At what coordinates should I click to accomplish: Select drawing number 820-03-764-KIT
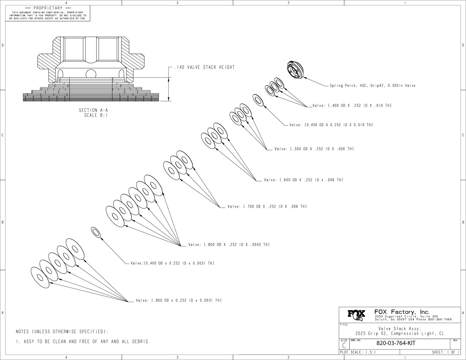(x=396, y=343)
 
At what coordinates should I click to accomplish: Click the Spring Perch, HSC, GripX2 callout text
(x=372, y=86)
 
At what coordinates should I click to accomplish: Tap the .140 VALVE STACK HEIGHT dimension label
(x=204, y=67)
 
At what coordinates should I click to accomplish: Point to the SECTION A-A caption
(x=91, y=110)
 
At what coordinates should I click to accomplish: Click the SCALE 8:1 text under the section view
(x=96, y=115)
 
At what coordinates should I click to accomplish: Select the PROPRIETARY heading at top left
(x=48, y=8)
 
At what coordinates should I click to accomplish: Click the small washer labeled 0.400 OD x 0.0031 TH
(x=96, y=232)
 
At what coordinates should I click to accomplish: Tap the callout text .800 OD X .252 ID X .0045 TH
(x=229, y=245)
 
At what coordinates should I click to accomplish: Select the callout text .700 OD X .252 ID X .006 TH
(x=267, y=207)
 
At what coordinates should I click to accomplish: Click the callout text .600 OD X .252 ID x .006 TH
(x=303, y=180)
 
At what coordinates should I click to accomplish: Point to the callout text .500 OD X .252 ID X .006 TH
(x=314, y=149)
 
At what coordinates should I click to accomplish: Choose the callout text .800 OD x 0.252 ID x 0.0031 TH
(x=179, y=301)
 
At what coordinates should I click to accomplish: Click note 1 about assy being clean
(x=82, y=342)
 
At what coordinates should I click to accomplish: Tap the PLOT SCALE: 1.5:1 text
(x=358, y=352)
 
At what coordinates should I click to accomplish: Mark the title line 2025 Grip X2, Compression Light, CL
(x=400, y=334)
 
